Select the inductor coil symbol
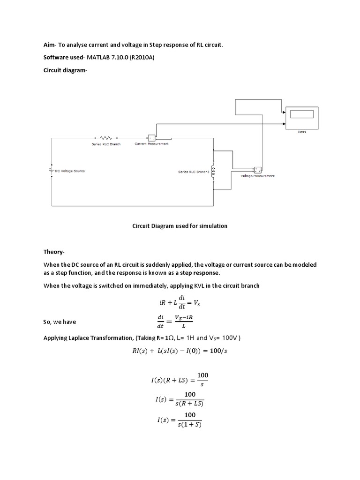tap(214, 172)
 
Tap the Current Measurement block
tap(152, 138)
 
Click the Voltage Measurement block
tap(257, 170)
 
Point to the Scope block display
tap(301, 114)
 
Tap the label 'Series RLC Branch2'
tap(194, 172)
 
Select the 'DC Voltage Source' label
tap(70, 171)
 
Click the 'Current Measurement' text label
tap(151, 144)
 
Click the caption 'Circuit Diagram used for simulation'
tap(180, 226)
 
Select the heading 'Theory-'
tap(54, 252)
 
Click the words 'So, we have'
tap(60, 322)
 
